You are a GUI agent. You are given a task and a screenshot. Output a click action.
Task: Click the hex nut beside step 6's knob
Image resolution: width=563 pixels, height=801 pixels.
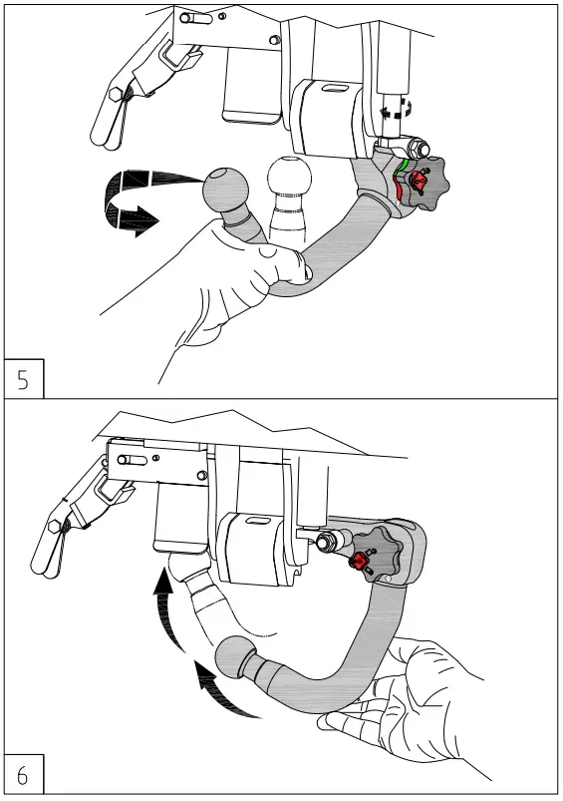coord(325,544)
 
